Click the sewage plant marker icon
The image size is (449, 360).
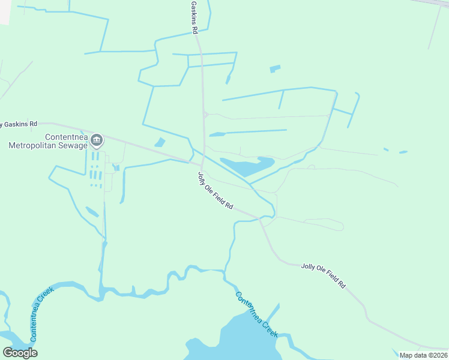pos(97,140)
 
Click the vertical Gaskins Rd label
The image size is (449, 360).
pos(194,17)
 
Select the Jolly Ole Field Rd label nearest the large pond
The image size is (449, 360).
pos(215,191)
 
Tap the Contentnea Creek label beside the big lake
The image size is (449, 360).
pos(256,314)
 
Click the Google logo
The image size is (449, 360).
pos(20,353)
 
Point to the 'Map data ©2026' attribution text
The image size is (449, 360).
pos(423,355)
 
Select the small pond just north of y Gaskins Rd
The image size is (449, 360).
pos(160,143)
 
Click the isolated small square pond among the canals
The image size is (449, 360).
pos(275,68)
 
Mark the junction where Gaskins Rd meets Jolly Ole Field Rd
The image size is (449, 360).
pos(202,163)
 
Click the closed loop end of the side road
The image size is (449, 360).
pos(341,227)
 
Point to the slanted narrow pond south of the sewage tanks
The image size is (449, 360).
pos(92,211)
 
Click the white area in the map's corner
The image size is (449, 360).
pos(5,11)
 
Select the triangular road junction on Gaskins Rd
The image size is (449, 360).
pos(205,114)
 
